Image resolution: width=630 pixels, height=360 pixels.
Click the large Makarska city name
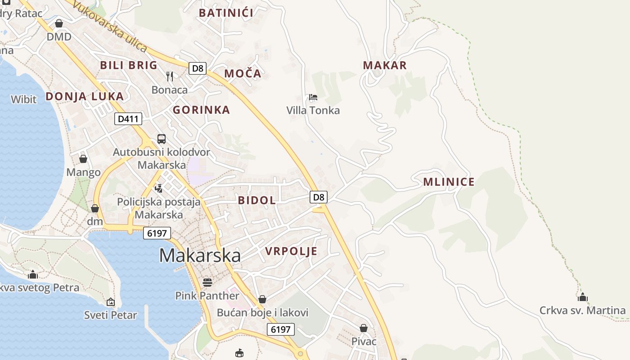pos(200,256)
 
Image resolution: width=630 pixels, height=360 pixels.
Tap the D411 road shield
pos(129,119)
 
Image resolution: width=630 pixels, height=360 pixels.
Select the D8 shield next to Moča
pos(197,68)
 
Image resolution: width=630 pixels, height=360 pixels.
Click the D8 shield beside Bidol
pos(319,197)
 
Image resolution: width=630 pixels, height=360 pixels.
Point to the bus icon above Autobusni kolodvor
pos(162,139)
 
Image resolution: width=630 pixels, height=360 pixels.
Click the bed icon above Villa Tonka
pos(313,97)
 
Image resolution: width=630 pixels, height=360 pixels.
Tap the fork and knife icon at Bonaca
pos(170,76)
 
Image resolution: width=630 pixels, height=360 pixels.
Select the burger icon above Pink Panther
pos(207,282)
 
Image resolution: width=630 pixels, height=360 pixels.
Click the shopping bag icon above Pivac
pos(364,328)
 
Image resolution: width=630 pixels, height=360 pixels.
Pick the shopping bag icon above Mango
pos(83,159)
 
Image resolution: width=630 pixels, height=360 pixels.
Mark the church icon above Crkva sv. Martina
pos(583,297)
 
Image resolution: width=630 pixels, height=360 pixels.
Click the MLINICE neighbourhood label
pos(449,182)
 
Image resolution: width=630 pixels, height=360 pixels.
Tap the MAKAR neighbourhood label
pos(385,65)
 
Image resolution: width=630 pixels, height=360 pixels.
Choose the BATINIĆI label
pos(226,13)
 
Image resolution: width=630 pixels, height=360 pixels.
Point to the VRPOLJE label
pos(291,251)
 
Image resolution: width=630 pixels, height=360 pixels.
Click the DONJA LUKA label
pos(85,96)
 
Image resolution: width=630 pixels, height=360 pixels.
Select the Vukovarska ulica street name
pos(109,26)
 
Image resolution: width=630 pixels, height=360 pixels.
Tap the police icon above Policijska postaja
pos(158,188)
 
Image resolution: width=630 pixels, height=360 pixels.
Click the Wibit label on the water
pos(23,99)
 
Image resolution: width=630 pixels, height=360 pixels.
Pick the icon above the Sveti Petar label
pos(111,302)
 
